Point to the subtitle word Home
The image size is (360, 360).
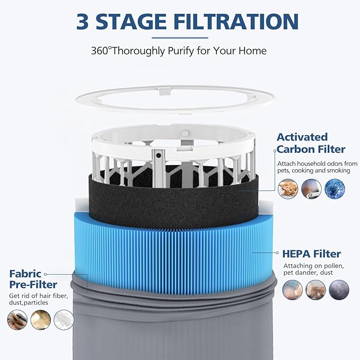click(253, 51)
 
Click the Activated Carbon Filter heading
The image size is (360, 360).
click(310, 143)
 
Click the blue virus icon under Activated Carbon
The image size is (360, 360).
click(335, 188)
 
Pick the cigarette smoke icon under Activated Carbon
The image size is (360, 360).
click(311, 188)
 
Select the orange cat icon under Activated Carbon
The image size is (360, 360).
click(288, 188)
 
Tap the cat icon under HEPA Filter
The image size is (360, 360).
click(316, 290)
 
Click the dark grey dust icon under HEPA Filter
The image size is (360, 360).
click(339, 290)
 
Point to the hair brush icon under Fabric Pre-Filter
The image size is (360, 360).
click(17, 320)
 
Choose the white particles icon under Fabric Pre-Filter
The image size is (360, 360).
click(64, 320)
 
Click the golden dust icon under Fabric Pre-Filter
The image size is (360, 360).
click(41, 320)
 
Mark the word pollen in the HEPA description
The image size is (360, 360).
click(335, 265)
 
